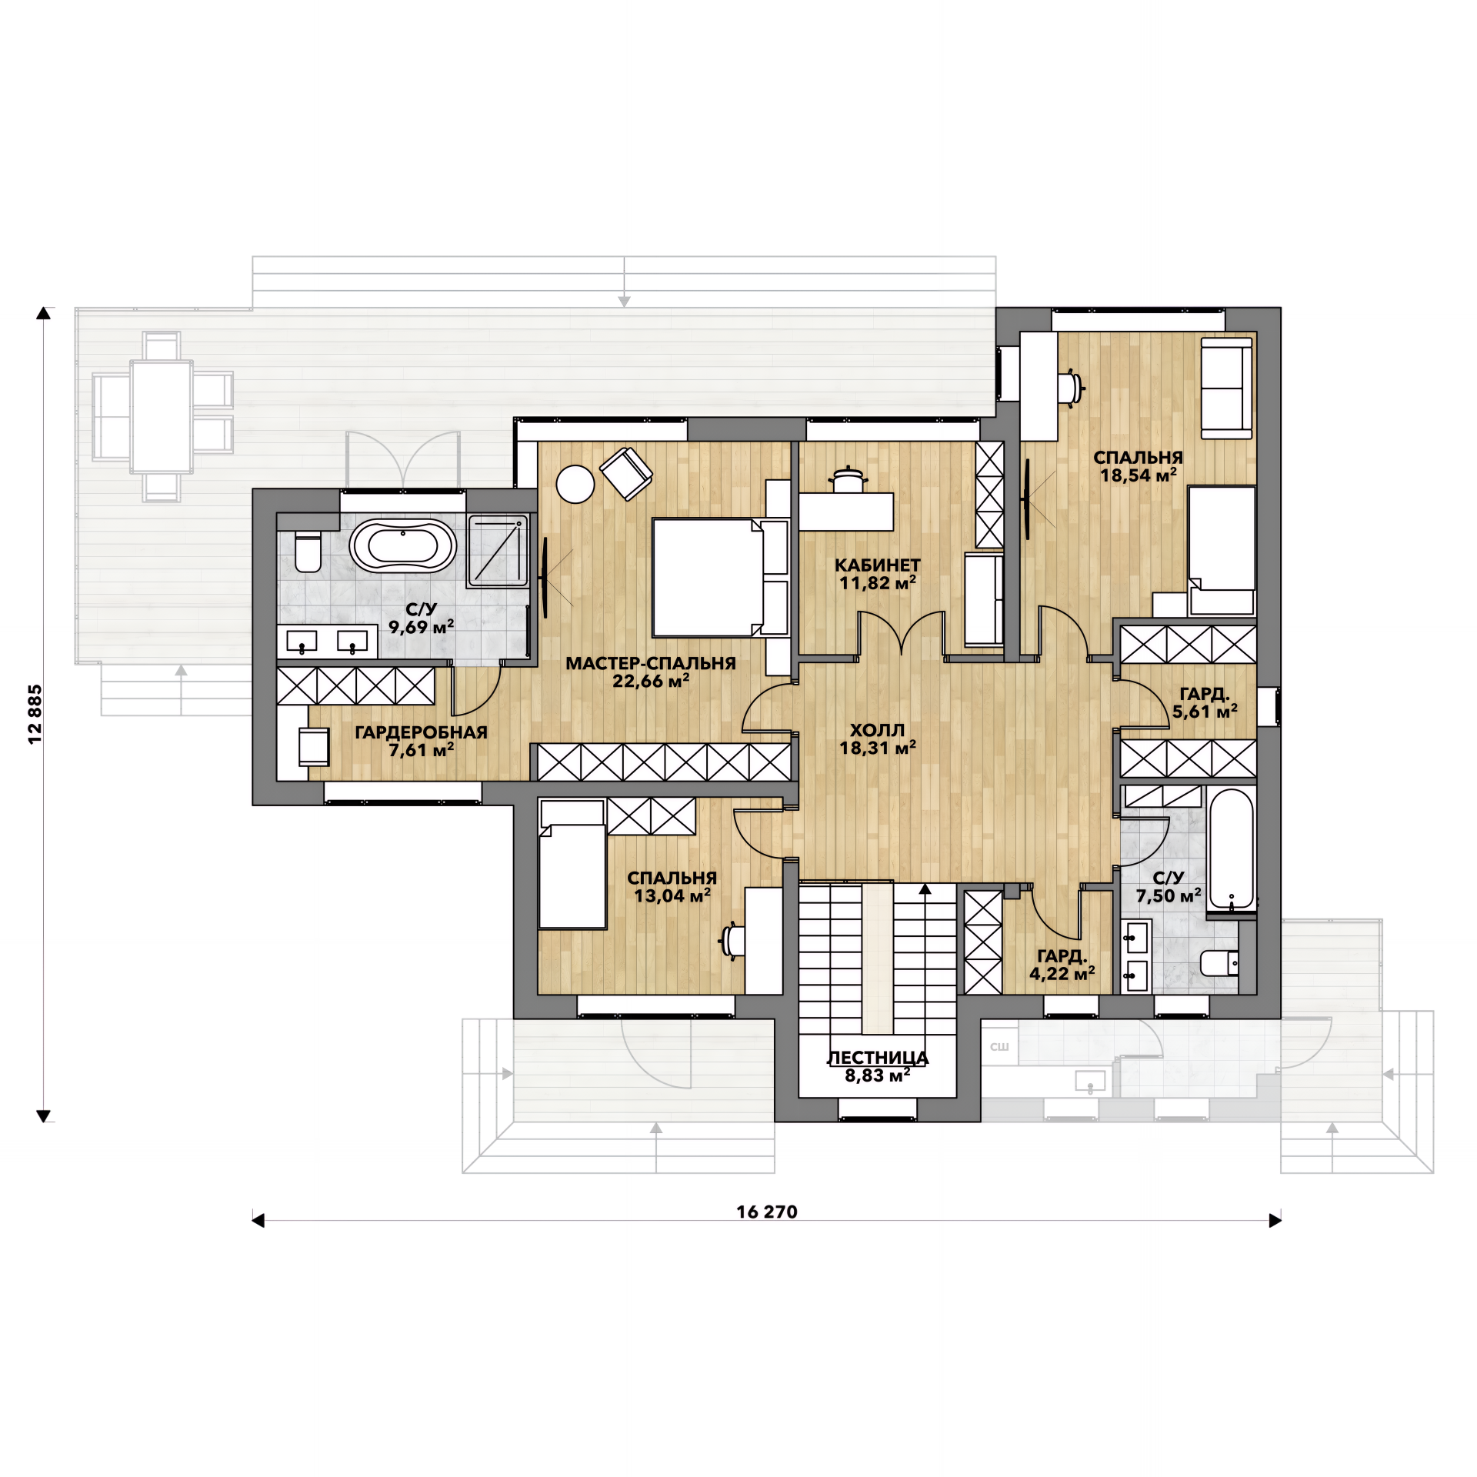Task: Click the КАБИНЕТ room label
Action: [x=877, y=565]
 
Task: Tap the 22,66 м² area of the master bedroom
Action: [x=651, y=681]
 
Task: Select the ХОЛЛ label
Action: [x=877, y=730]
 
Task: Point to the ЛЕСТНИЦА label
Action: [x=877, y=1059]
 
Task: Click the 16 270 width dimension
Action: [x=767, y=1212]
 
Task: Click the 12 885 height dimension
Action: [x=35, y=714]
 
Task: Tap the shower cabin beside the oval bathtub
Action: [x=498, y=551]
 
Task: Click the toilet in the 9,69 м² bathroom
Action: [x=308, y=552]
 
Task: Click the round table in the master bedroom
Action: [x=575, y=485]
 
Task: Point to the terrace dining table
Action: [x=161, y=416]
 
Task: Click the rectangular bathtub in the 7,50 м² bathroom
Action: [x=1231, y=849]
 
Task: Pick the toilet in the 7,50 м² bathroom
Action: [x=1220, y=962]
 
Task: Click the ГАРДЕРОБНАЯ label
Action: [x=421, y=732]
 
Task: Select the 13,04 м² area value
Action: [x=672, y=895]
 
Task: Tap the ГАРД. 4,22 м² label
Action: [x=1062, y=965]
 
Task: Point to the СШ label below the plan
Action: [x=999, y=1047]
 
